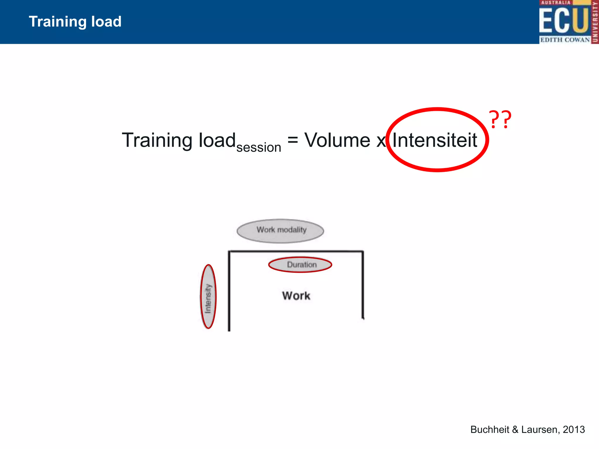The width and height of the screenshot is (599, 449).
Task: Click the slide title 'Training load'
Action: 75,22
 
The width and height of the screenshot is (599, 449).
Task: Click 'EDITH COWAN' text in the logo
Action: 564,40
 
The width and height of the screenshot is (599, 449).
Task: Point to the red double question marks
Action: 500,120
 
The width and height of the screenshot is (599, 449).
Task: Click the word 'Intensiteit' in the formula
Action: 435,140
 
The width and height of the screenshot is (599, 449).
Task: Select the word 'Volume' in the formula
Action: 338,140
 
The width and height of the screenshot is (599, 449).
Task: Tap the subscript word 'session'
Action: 259,147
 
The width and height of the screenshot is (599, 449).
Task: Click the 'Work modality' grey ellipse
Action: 280,231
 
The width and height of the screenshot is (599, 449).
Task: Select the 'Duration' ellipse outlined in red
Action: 300,265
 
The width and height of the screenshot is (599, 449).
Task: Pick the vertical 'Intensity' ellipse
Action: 208,296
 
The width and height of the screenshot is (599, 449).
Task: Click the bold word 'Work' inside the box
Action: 296,296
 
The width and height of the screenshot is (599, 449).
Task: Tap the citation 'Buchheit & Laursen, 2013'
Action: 527,429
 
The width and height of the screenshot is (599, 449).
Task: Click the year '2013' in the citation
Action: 574,429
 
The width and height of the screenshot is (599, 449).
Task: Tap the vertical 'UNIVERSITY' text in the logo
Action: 595,22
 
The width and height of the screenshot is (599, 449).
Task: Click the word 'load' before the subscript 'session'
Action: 217,140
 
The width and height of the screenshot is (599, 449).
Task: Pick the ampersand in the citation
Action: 515,429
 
